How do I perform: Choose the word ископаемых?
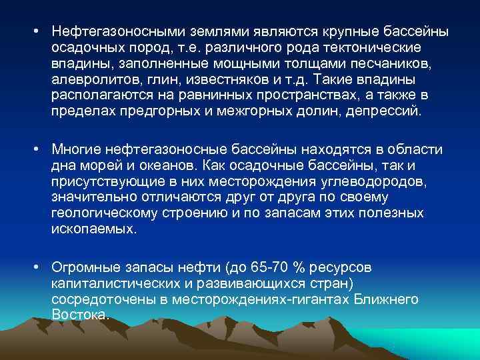tap(93, 229)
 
